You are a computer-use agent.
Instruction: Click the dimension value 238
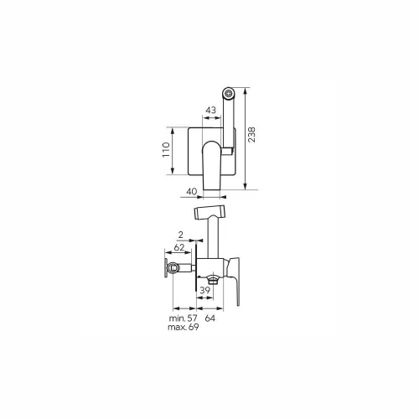pyautogui.click(x=251, y=135)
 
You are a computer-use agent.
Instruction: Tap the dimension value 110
pyautogui.click(x=166, y=150)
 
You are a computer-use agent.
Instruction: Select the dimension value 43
pyautogui.click(x=211, y=110)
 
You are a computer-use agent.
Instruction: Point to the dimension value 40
pyautogui.click(x=192, y=192)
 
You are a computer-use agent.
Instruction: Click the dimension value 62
pyautogui.click(x=179, y=247)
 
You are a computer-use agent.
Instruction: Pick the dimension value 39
pyautogui.click(x=204, y=291)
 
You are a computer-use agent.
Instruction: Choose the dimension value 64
pyautogui.click(x=210, y=318)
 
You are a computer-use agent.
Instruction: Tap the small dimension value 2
pyautogui.click(x=181, y=235)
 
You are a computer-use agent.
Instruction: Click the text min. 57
pyautogui.click(x=183, y=318)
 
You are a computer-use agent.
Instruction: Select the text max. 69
pyautogui.click(x=184, y=327)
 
